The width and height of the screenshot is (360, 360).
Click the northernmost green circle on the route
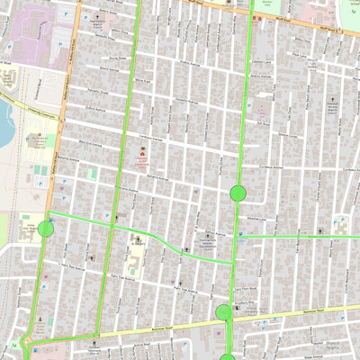(x=238, y=193)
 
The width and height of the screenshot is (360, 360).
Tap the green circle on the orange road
(x=46, y=229)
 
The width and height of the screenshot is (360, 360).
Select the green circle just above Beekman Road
(x=223, y=312)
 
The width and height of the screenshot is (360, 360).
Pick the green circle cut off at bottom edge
(x=227, y=357)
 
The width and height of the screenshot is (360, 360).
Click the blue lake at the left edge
(x=4, y=121)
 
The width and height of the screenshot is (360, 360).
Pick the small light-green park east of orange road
(x=92, y=173)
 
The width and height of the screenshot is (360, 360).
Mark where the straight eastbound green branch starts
(x=238, y=237)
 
